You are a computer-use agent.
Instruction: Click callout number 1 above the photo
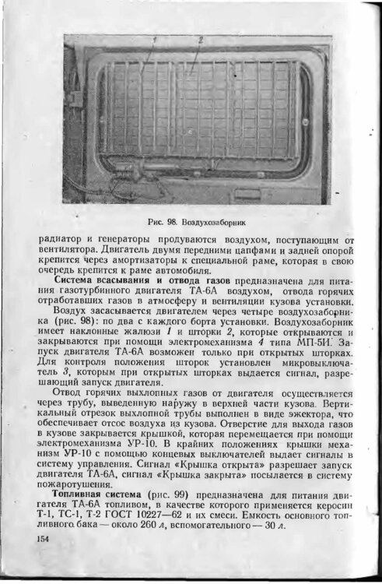pos(154,39)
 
